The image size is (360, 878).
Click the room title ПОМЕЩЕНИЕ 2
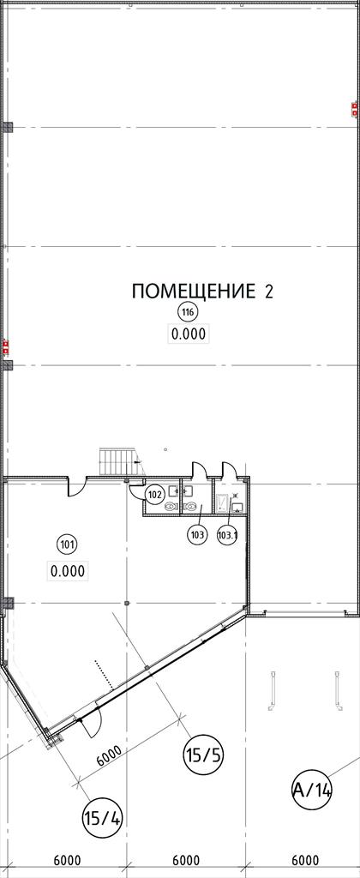tap(202, 292)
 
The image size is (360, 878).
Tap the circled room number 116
tap(188, 312)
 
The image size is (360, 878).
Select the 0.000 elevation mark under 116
tap(189, 334)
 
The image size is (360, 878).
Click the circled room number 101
tap(68, 543)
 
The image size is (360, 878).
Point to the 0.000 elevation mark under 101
tap(68, 571)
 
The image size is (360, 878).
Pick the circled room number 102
tap(155, 495)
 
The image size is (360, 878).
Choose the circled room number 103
tap(196, 534)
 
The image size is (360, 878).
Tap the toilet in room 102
tap(171, 506)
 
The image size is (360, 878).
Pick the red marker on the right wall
tap(354, 109)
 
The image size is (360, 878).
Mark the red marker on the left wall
tap(6, 347)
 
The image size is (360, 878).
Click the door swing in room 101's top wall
tap(78, 487)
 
